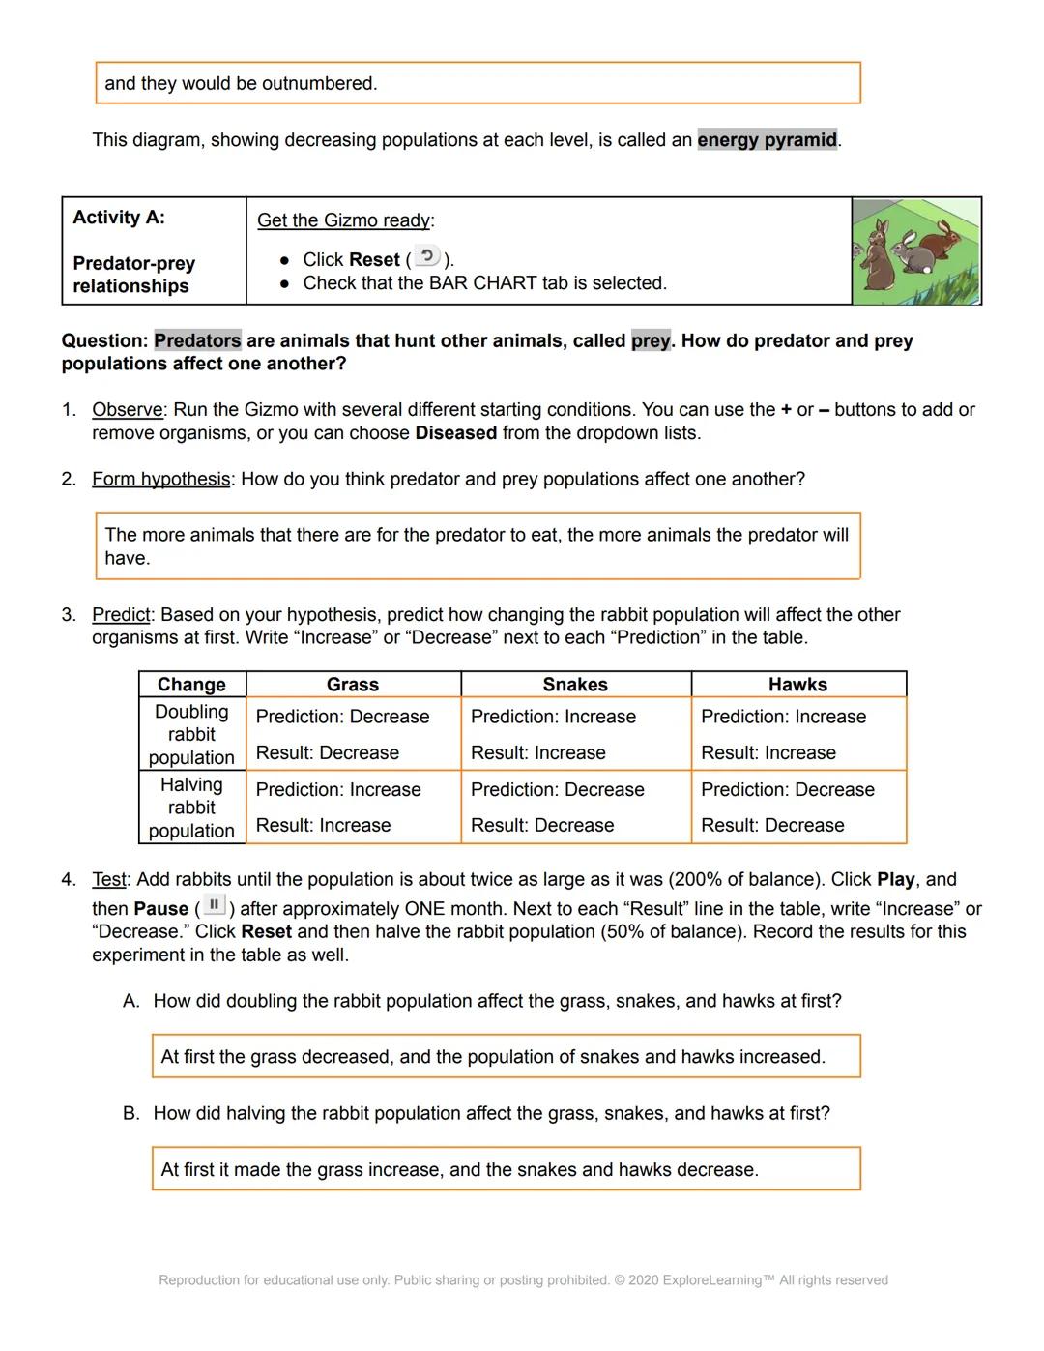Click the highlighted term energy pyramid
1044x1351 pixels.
pos(767,140)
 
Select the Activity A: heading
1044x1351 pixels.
pos(119,218)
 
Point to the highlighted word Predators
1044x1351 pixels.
pos(197,340)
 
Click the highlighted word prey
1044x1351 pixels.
pos(650,340)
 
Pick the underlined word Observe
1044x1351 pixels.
pos(129,410)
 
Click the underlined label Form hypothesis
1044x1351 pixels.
pos(160,480)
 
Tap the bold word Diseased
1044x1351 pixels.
pos(455,433)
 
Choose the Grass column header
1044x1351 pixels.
pos(353,685)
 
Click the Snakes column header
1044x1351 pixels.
pos(575,685)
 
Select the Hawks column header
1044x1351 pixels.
pos(797,685)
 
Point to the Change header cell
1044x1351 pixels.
pos(191,685)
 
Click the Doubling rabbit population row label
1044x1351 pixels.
pos(191,734)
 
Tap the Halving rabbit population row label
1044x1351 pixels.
pos(191,808)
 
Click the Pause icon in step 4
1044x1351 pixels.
pos(215,906)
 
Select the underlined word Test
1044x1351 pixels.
pos(108,880)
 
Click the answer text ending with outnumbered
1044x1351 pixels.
pos(241,84)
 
